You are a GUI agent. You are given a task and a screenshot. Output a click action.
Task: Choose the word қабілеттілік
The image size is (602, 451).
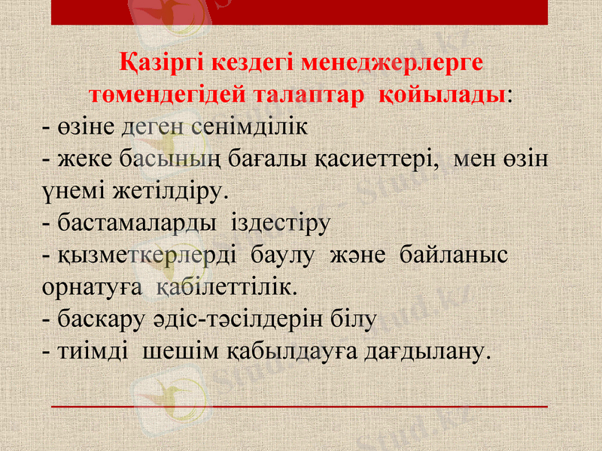[227, 288]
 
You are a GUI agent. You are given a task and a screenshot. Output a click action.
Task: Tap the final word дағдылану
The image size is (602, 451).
[427, 352]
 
